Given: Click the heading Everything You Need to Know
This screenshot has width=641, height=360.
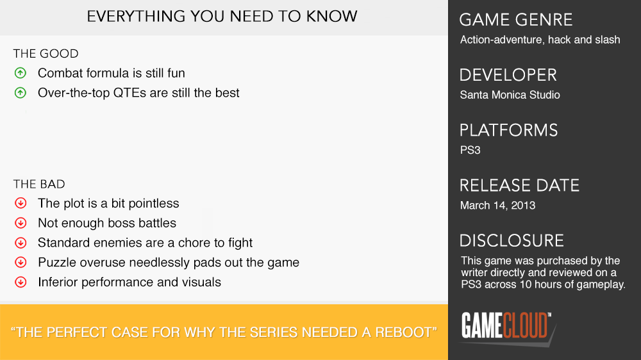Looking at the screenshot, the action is pos(222,17).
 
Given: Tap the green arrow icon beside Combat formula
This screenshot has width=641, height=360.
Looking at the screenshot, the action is pos(21,73).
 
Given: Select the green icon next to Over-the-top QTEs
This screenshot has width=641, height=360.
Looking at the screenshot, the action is pos(21,93).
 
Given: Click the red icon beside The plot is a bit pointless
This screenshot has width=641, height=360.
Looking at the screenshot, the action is pos(21,203).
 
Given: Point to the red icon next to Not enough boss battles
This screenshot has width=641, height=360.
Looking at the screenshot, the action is pos(21,223).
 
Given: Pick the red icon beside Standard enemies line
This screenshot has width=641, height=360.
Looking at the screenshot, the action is pos(21,243).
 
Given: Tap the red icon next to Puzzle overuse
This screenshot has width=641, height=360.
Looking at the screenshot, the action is pos(21,263).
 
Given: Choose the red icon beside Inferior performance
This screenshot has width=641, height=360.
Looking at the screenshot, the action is pos(21,282).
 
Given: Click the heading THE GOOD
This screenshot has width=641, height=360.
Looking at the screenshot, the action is pos(46,54).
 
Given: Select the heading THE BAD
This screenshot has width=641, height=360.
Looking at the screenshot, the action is pos(39,184).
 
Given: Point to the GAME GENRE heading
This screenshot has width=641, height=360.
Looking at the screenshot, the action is pos(516,20).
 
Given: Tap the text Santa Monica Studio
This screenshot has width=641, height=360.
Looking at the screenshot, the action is pos(510,95).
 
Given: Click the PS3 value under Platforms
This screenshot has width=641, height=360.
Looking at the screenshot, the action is pos(470,150).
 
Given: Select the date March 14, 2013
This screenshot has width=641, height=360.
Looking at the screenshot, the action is pos(497,205).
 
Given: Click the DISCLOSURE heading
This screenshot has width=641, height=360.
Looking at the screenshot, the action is pos(512,241).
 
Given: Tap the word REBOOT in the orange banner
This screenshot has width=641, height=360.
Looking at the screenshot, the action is pos(403,332).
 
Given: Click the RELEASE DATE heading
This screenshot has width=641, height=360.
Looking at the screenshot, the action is pos(519,186).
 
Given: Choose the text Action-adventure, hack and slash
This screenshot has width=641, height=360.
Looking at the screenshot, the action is pos(540,40).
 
